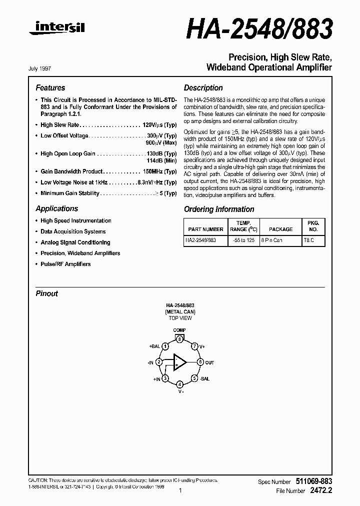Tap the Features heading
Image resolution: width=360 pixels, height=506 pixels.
pos(50,87)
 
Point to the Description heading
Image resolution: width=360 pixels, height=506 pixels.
pos(203,87)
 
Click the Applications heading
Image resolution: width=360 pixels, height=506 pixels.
pos(56,208)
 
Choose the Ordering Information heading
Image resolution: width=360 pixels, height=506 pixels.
pos(219,209)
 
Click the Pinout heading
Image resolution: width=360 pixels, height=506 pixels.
pos(46,293)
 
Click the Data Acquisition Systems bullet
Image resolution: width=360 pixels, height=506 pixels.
pos(73,231)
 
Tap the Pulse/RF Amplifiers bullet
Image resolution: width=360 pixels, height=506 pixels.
pos(65,264)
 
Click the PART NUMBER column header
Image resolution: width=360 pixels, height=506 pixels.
pos(205,229)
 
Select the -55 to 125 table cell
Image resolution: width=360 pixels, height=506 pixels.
pos(243,240)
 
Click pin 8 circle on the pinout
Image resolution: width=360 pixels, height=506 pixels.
pos(179,339)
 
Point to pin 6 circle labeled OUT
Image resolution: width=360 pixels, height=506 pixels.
pos(200,362)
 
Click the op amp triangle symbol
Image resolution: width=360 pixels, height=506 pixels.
pos(179,362)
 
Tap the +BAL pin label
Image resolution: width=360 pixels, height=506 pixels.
pos(154,345)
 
